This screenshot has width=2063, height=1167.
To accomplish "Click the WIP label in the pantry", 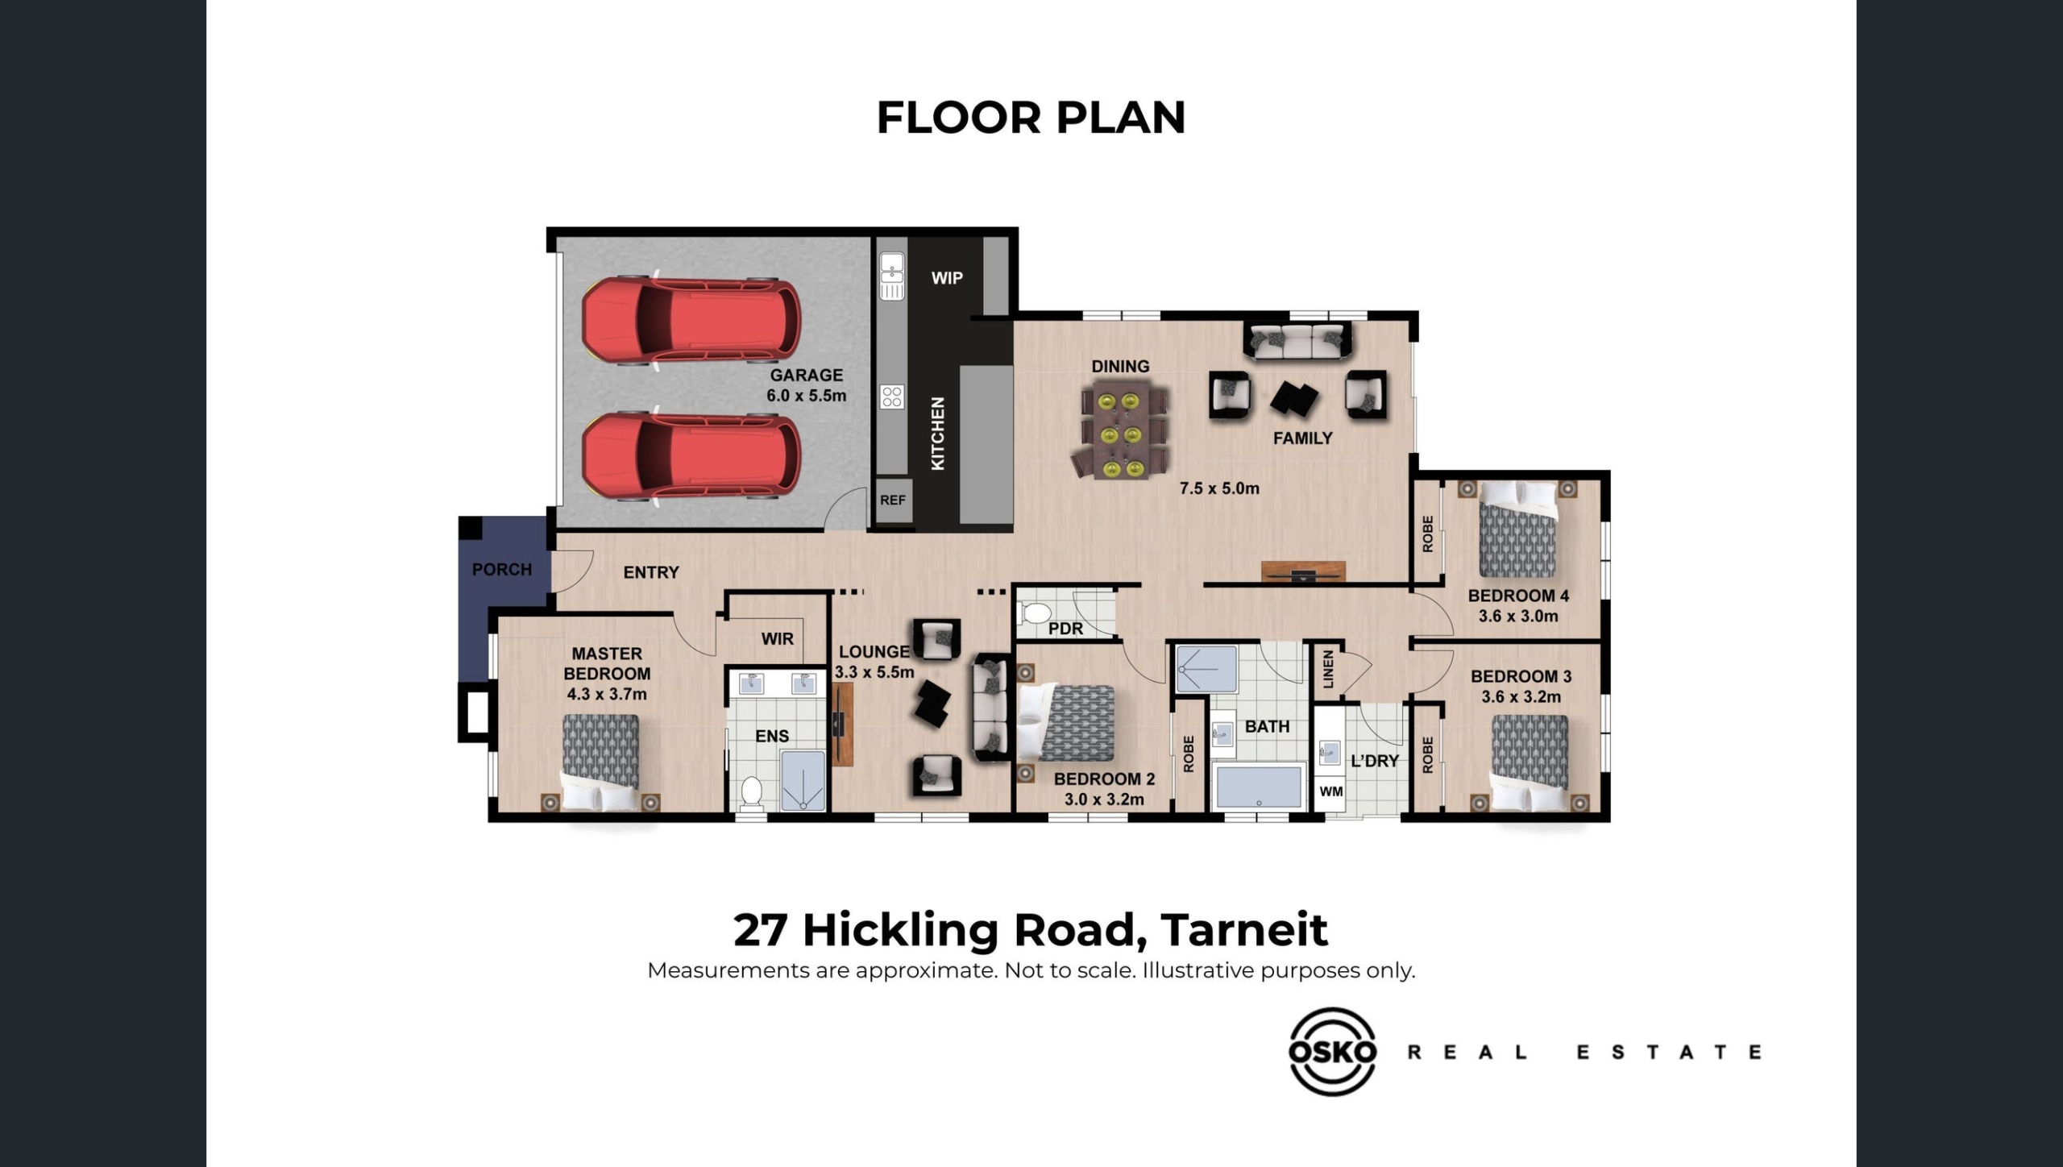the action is coord(947,278).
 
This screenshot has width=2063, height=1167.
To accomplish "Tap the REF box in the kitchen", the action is coord(893,500).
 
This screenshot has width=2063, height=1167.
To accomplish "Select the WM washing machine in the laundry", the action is coord(1330,791).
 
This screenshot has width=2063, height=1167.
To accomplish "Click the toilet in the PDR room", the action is coord(1032,613).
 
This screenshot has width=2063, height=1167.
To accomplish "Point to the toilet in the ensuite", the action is coord(752,792).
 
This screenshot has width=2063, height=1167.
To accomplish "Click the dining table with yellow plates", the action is coord(1121,430).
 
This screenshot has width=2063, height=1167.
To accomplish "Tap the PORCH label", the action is coord(502,570).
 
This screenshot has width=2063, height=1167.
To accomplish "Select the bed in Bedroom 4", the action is coord(1517,529).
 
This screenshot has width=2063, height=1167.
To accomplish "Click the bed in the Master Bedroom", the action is coord(600,762).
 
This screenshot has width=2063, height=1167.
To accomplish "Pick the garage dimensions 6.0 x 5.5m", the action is coord(807,396).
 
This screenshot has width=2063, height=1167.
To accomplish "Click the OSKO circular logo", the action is coord(1332,1052).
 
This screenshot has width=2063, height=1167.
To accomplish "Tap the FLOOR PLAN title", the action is coord(1031,118).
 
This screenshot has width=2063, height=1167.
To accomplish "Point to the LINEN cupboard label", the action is coord(1328,669).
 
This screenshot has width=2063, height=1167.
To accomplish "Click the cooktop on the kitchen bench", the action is coord(892,397).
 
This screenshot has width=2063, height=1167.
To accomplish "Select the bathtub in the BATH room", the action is coord(1259,785).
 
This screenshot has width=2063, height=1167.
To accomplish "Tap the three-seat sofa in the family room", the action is coord(1297,341).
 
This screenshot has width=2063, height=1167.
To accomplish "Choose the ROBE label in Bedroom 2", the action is coord(1189,754).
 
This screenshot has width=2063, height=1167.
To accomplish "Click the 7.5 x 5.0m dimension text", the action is coord(1219,488).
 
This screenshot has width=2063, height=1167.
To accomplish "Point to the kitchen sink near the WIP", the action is coord(892,276).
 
